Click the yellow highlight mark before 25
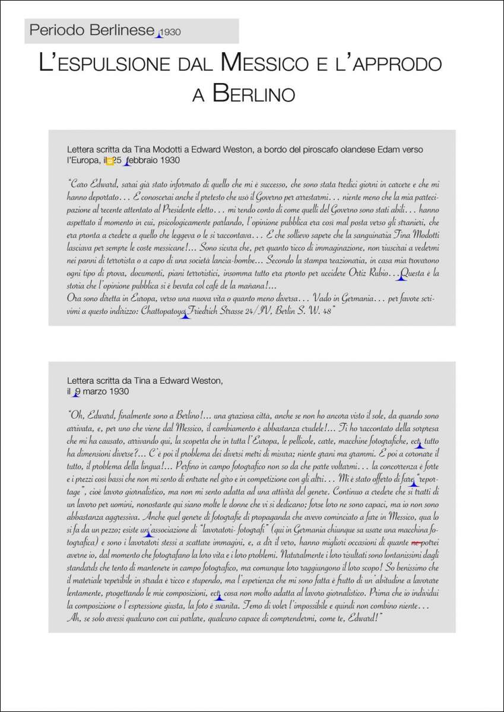click(x=110, y=161)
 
